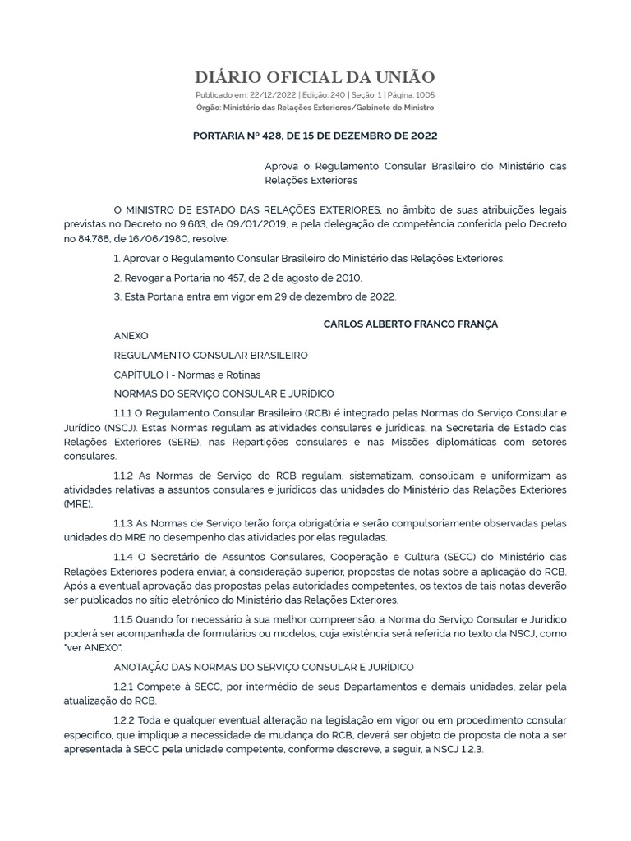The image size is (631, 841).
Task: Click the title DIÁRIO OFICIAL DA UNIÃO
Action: (315, 78)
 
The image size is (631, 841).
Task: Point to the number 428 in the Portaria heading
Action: (294, 135)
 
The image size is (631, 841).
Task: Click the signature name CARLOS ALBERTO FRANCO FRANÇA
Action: (411, 324)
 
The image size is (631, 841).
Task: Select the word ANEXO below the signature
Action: (131, 336)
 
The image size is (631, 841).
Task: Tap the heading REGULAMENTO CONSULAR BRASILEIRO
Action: (211, 356)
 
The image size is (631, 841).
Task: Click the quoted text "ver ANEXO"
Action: (96, 647)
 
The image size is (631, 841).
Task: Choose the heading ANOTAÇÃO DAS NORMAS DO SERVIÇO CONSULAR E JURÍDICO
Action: (264, 667)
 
